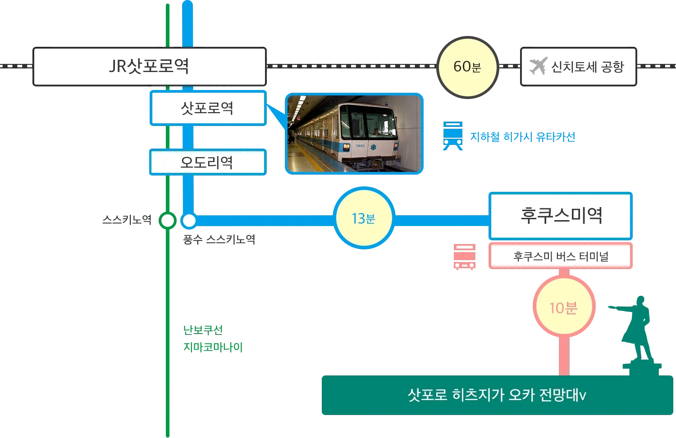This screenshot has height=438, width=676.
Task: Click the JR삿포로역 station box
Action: click(149, 66)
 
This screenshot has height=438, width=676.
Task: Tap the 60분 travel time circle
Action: click(467, 67)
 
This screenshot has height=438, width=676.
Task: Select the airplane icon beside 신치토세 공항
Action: click(538, 66)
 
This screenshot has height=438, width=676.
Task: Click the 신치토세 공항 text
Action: click(588, 67)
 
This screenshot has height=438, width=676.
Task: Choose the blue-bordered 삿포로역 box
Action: click(207, 108)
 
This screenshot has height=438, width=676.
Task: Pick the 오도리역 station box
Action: click(207, 162)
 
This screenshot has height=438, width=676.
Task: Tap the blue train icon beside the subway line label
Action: click(453, 135)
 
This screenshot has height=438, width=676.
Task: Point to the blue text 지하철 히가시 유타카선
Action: click(523, 136)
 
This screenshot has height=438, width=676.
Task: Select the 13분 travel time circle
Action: click(364, 218)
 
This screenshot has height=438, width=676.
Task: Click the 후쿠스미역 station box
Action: click(561, 215)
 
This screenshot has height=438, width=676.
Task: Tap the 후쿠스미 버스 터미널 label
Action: click(561, 257)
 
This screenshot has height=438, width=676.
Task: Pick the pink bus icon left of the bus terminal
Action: click(463, 256)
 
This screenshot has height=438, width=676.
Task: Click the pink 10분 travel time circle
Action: click(563, 308)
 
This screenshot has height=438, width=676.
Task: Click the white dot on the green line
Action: click(168, 221)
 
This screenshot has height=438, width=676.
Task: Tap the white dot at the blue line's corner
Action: click(189, 221)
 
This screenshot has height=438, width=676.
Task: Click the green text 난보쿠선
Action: click(204, 330)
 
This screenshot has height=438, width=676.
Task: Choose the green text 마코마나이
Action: click(213, 347)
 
